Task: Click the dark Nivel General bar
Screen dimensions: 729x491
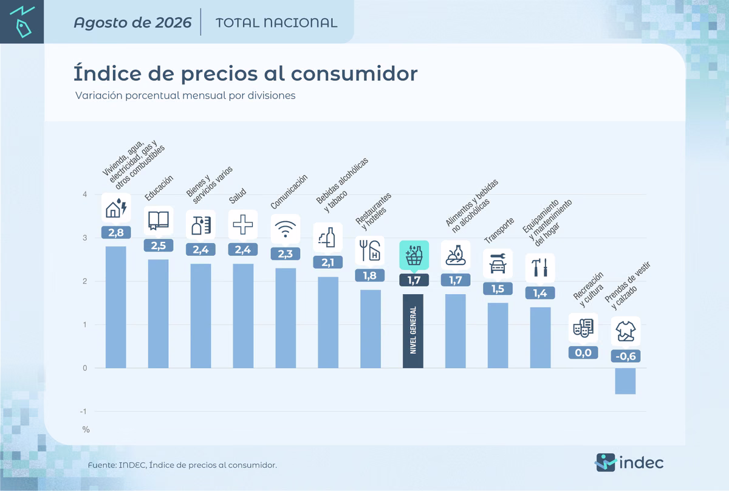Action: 413,331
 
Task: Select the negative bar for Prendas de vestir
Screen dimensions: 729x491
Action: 625,381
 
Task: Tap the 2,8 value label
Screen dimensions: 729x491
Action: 116,233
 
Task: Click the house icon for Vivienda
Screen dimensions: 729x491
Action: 116,208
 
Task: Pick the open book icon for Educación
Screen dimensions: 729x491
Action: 159,221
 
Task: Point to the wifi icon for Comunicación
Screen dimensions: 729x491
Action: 286,229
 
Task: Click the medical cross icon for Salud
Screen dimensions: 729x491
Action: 243,224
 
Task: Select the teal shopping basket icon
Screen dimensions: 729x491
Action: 414,255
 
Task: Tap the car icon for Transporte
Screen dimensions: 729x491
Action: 498,263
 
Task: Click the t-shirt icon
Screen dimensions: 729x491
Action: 626,331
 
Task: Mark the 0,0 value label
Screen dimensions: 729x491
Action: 583,352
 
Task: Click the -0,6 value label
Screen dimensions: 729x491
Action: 626,356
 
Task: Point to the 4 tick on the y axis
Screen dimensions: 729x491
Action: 85,194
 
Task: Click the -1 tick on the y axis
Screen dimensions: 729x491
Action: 84,411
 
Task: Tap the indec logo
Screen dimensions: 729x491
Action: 629,462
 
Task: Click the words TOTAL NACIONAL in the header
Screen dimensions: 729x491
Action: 276,23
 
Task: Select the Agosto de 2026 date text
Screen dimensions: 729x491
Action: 132,23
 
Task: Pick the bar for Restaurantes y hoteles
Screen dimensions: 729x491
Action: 371,329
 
